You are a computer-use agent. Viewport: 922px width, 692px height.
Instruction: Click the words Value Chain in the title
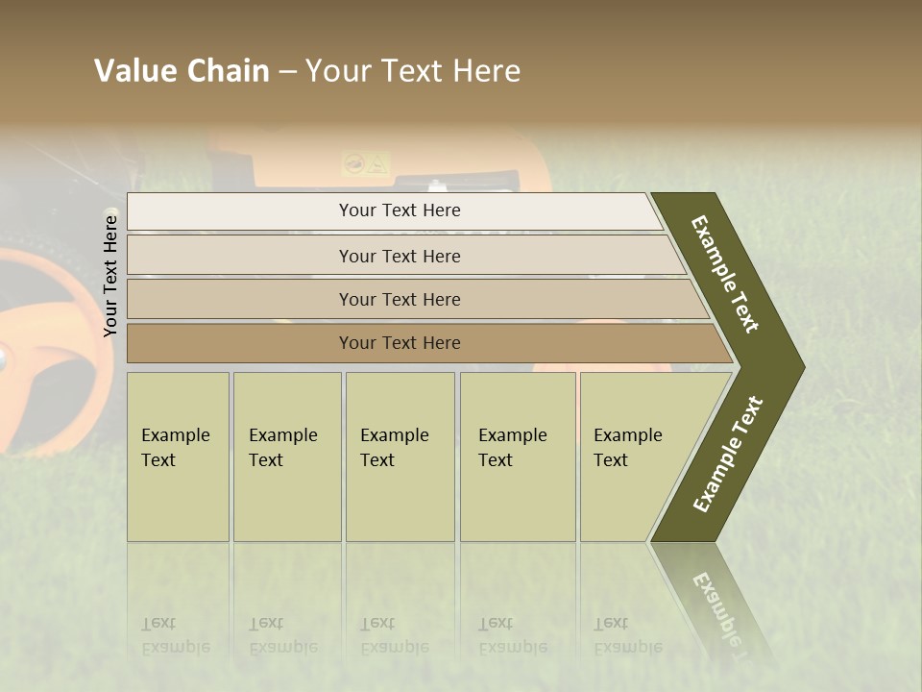[x=182, y=71]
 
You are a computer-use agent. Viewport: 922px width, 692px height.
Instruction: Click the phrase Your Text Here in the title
[x=413, y=71]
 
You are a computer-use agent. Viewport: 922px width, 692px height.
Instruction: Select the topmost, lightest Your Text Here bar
[x=399, y=210]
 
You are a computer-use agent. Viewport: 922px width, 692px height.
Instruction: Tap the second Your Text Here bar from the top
[x=399, y=256]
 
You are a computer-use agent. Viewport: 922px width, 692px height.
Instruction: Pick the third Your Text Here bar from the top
[x=399, y=299]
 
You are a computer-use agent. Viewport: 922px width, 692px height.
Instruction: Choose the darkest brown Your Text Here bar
[x=399, y=343]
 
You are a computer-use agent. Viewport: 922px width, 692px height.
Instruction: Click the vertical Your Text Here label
[x=110, y=276]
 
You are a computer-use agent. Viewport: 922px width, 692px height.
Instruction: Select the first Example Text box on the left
[x=178, y=457]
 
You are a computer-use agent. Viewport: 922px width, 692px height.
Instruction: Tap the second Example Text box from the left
[x=286, y=457]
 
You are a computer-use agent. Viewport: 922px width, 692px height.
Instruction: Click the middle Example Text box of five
[x=400, y=457]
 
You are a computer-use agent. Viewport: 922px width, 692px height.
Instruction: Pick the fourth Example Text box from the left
[x=517, y=457]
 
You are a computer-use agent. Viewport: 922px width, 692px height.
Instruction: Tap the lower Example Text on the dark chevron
[x=728, y=454]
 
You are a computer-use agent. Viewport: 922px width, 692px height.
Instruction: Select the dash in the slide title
[x=287, y=72]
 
